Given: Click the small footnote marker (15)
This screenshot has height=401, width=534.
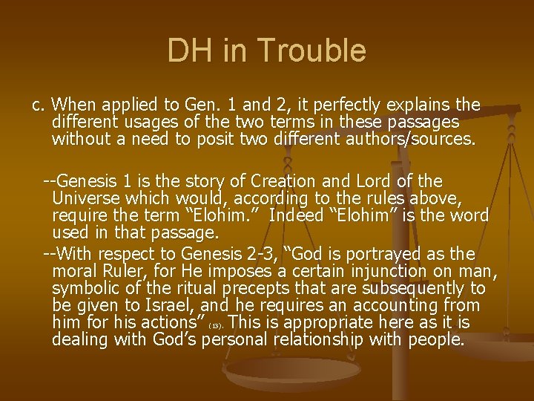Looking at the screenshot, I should [x=217, y=325].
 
